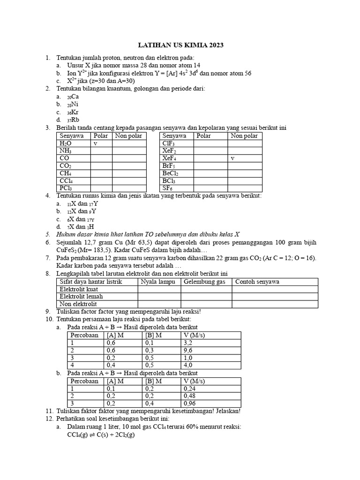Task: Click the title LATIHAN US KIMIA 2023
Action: (180, 45)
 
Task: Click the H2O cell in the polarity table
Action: (66, 143)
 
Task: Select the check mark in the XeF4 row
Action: (232, 158)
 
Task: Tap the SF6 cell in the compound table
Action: (168, 188)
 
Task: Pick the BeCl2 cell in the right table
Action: (170, 173)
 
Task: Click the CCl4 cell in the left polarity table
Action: (66, 180)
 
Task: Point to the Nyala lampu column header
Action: (158, 282)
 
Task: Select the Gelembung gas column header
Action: (204, 282)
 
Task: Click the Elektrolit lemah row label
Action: (81, 296)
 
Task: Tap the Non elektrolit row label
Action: (78, 304)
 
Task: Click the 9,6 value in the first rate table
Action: (189, 350)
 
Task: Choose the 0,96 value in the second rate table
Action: (190, 403)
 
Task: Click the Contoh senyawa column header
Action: (257, 282)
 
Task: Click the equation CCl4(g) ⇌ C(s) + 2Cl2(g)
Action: (101, 435)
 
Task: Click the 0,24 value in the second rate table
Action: (190, 389)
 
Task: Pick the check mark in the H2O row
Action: (95, 143)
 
